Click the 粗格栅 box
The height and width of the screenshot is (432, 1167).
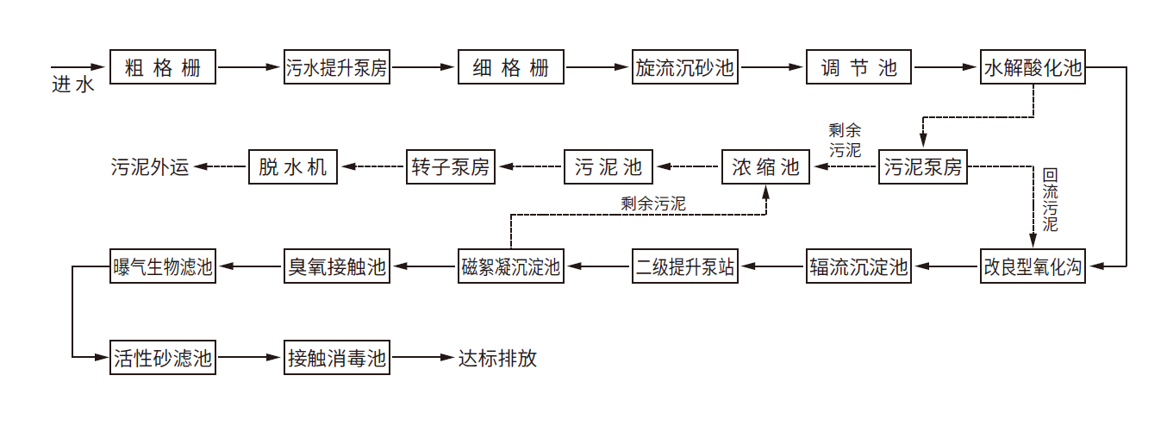(163, 67)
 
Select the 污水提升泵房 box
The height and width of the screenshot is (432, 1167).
(337, 67)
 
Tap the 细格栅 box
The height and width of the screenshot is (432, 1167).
(510, 67)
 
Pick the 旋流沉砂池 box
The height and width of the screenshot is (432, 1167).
(684, 67)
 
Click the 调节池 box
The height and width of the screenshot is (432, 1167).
(858, 67)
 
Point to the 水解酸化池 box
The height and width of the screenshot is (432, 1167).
(1032, 67)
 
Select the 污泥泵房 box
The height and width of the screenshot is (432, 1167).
(922, 166)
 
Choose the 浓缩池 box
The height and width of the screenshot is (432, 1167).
(765, 166)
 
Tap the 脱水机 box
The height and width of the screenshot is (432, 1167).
(293, 166)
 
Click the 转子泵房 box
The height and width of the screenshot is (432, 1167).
(450, 166)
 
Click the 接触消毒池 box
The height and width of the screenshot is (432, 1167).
(337, 357)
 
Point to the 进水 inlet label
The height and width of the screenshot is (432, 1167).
(72, 85)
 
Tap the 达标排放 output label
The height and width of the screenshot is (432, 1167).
(497, 358)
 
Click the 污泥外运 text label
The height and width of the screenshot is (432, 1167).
(149, 167)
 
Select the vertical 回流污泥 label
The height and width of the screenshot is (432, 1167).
(1049, 199)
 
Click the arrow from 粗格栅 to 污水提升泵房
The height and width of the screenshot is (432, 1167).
(250, 67)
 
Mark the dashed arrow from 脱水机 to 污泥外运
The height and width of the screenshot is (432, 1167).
(220, 166)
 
